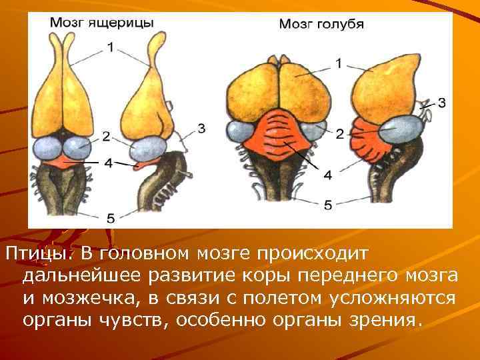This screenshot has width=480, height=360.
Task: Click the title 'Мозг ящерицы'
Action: [102, 22]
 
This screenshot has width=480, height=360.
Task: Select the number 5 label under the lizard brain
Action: [111, 217]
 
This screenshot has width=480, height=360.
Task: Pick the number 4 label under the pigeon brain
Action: [327, 175]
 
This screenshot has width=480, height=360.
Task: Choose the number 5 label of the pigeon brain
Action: [327, 205]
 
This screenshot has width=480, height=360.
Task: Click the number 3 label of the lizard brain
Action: [201, 127]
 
